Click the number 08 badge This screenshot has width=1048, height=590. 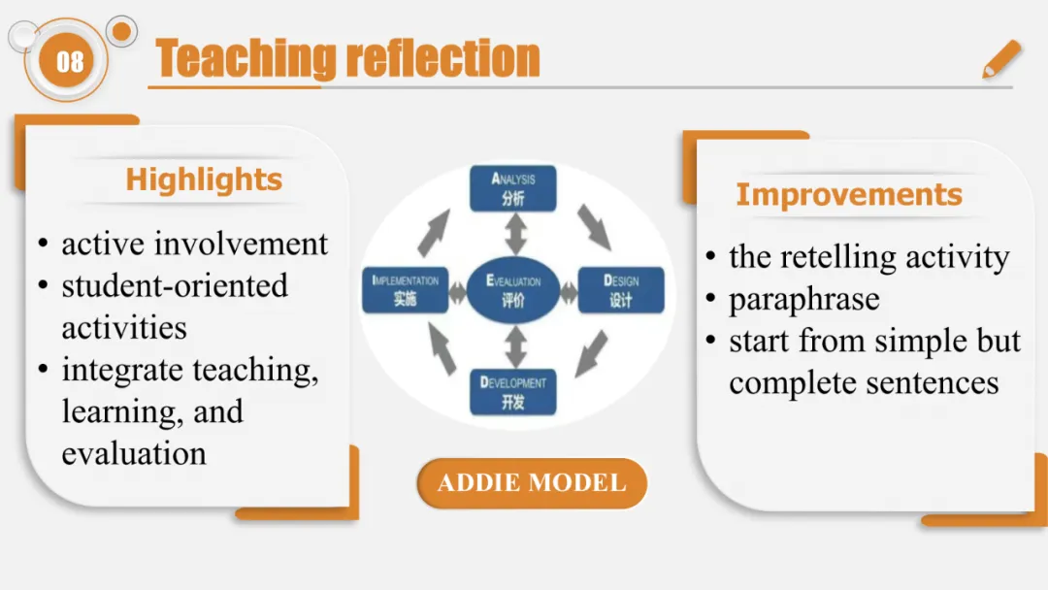(x=70, y=62)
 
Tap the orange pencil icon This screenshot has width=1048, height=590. (x=1001, y=59)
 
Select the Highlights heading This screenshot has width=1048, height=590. (x=204, y=180)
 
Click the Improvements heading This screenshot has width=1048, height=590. (x=849, y=194)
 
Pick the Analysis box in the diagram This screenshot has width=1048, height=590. (x=513, y=188)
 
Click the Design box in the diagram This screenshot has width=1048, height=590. (x=621, y=289)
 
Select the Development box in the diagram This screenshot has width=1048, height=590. (x=513, y=391)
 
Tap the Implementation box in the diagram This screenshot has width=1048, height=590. (x=406, y=289)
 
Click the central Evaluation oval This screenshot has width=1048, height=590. (x=513, y=289)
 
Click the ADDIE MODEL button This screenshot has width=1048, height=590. (x=532, y=483)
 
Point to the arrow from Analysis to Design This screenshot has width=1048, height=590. (x=594, y=225)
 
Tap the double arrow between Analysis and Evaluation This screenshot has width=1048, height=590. (x=513, y=234)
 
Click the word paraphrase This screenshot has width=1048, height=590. (x=804, y=299)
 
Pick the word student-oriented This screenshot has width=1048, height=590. (x=175, y=286)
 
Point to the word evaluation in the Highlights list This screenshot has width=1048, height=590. (x=134, y=453)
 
